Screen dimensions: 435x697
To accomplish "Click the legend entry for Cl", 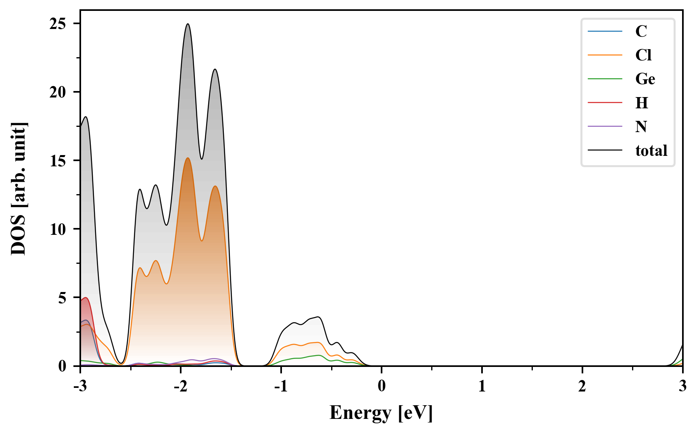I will [643, 55].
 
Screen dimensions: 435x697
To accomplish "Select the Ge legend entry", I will [645, 79].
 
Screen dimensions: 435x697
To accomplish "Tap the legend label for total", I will [651, 151].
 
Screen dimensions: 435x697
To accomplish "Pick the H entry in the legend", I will [642, 103].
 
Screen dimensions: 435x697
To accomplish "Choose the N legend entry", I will [641, 126].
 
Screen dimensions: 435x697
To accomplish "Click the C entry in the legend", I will [641, 31].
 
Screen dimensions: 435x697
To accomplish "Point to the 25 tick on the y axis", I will [58, 24].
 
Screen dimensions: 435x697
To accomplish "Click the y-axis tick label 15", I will [58, 161].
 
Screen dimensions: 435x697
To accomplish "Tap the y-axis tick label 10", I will [58, 229].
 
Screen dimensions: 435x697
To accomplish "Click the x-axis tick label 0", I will [382, 387].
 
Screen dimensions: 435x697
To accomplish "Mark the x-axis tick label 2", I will [582, 387].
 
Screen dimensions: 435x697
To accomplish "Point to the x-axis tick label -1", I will [281, 387].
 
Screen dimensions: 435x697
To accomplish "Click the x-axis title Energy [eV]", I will [381, 413].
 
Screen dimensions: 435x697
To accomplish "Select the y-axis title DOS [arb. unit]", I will [19, 188].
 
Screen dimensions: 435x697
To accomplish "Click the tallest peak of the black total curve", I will [188, 24].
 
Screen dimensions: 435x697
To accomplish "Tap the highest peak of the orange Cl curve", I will [188, 158].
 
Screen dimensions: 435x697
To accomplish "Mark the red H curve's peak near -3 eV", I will [85, 298].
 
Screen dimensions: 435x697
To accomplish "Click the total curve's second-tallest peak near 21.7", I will [215, 69].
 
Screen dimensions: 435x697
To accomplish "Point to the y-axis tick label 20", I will [58, 92].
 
